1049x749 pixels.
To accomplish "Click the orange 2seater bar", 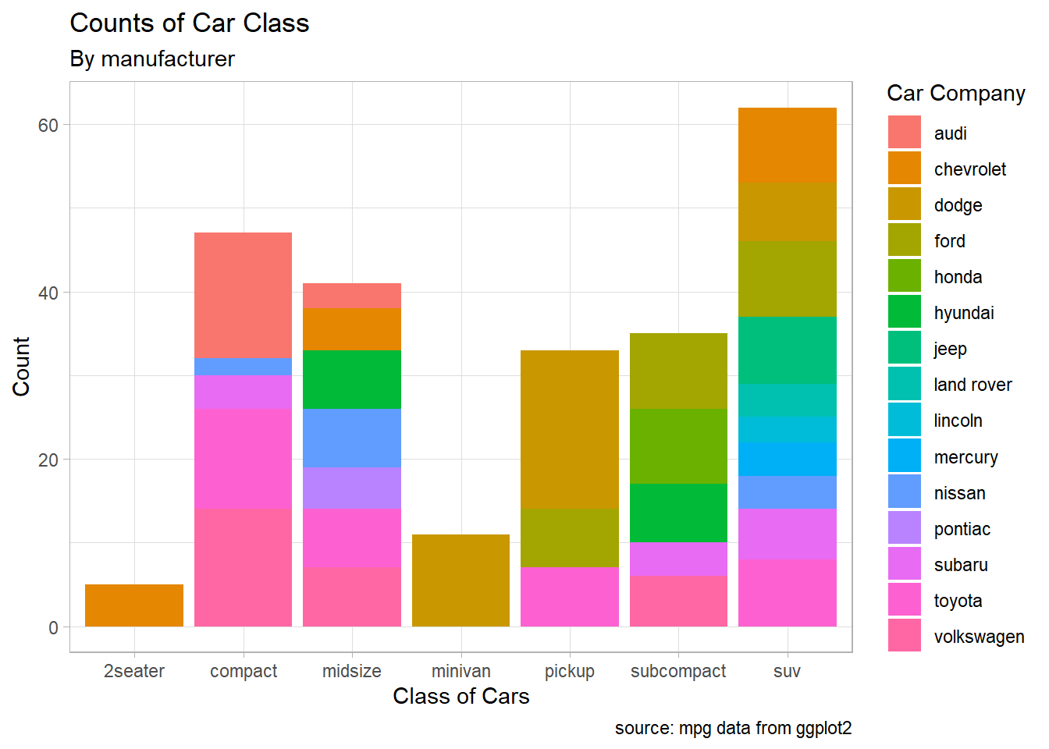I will (x=134, y=605).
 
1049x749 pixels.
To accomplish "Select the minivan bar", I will (x=460, y=580).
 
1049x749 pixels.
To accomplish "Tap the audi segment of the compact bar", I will (x=243, y=295).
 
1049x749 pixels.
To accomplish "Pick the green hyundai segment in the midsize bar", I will (x=352, y=379).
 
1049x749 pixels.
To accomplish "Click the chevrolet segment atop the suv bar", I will (x=787, y=145).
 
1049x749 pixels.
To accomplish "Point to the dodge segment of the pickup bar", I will (x=570, y=429).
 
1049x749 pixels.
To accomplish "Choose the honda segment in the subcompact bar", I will (x=678, y=445).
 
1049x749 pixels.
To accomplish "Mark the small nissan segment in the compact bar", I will (x=243, y=367).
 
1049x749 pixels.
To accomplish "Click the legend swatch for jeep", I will (x=904, y=348).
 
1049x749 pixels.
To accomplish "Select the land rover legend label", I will (x=973, y=385).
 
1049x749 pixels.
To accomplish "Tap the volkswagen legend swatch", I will (x=904, y=635).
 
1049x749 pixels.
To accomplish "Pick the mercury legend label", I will (x=965, y=457).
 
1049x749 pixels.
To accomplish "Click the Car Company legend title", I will (x=955, y=94).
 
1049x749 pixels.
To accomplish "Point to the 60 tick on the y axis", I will (x=48, y=126).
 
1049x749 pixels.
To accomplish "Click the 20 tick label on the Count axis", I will (x=48, y=460).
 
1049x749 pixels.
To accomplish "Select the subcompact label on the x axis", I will (x=678, y=671).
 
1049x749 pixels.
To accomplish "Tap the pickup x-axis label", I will (x=570, y=671).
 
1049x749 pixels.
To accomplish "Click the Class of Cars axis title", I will (x=460, y=696).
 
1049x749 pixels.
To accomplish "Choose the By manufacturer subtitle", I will (x=152, y=59).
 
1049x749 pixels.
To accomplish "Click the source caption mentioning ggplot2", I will (x=733, y=728).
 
